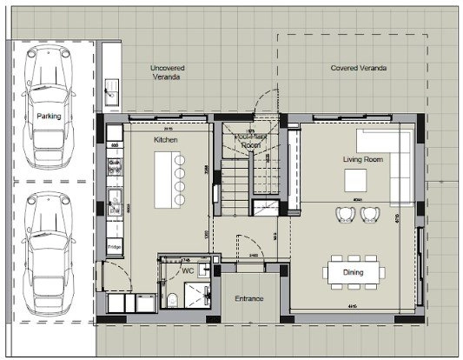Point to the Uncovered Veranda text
[x=164, y=72]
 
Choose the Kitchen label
[x=166, y=139]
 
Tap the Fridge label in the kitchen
[x=114, y=247]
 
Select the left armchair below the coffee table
[x=344, y=214]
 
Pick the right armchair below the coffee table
[x=371, y=214]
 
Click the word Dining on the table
[x=353, y=272]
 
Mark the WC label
[x=187, y=270]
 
